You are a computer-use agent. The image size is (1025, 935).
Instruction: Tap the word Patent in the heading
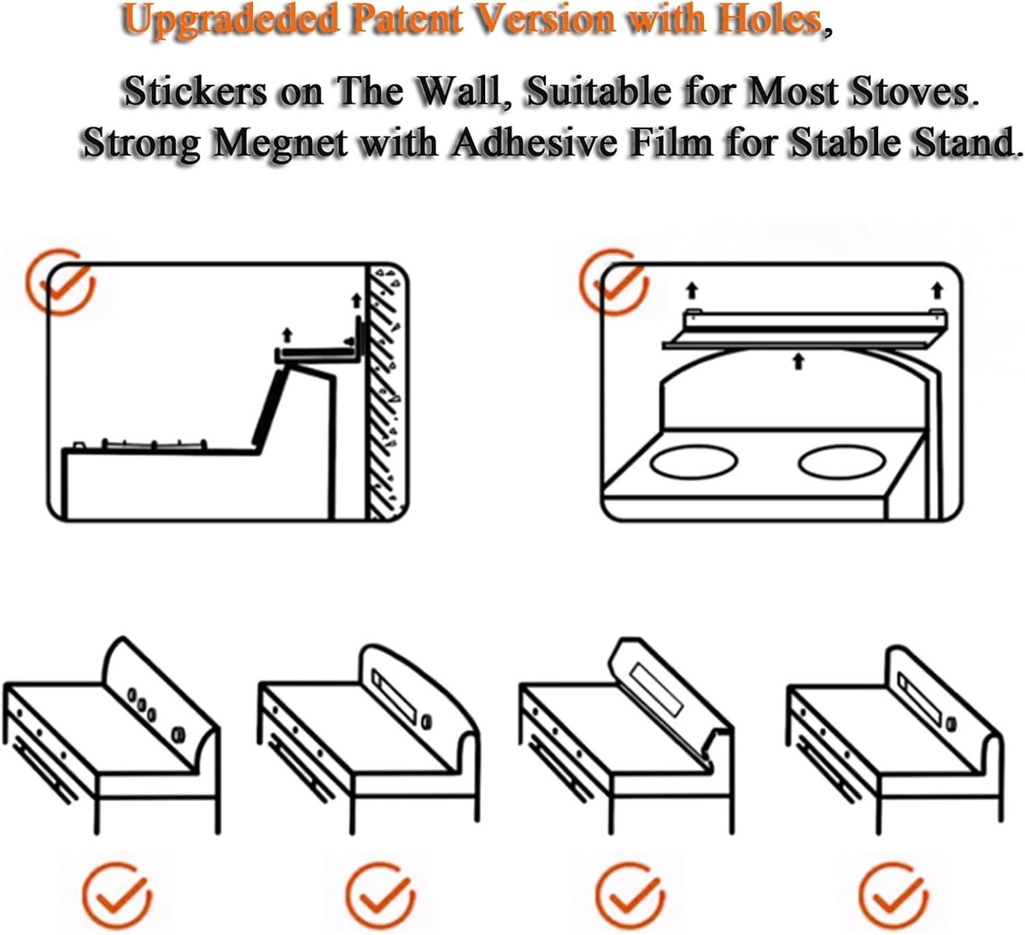click(407, 19)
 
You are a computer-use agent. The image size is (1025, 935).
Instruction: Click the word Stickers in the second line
click(196, 91)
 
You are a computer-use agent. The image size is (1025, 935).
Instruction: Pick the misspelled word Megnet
click(280, 144)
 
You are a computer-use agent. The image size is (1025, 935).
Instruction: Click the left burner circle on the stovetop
click(694, 462)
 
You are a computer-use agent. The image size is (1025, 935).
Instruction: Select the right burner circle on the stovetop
click(842, 462)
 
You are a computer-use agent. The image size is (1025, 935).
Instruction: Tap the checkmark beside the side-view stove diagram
click(60, 282)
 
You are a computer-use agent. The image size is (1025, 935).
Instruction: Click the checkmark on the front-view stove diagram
click(613, 281)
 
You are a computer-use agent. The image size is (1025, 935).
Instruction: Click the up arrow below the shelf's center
click(798, 362)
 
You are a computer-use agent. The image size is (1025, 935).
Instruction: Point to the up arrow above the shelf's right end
click(937, 290)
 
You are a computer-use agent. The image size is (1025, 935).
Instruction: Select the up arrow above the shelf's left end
click(692, 291)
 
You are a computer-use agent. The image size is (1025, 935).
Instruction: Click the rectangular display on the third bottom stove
click(658, 690)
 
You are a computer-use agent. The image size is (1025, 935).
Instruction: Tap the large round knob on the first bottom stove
click(179, 736)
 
